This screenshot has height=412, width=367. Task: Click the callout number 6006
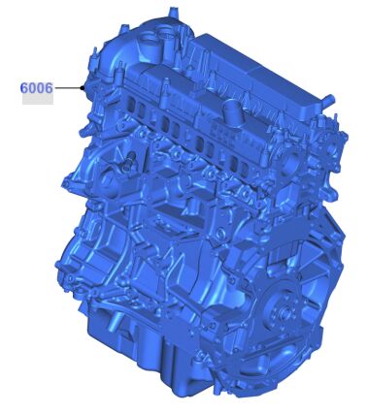tap(36, 88)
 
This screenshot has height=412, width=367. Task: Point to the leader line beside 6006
tap(67, 87)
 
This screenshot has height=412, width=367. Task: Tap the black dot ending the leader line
tap(83, 87)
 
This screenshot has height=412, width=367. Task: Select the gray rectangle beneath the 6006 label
tap(38, 99)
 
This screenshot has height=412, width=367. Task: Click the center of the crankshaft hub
tap(284, 311)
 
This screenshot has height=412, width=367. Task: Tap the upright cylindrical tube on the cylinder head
tap(232, 111)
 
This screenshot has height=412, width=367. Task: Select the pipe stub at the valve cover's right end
tap(328, 98)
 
